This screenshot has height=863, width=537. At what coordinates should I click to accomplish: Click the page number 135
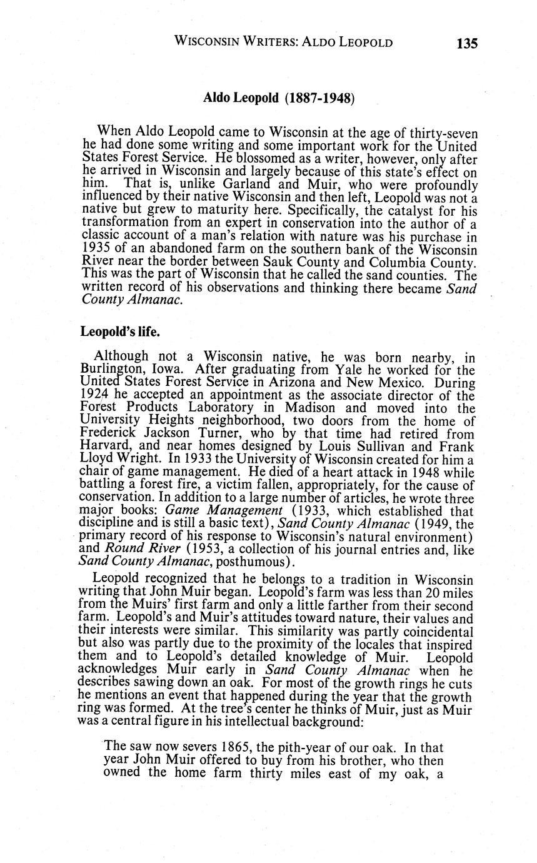point(466,43)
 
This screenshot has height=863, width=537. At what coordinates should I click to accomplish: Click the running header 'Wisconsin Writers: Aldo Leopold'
point(283,43)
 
